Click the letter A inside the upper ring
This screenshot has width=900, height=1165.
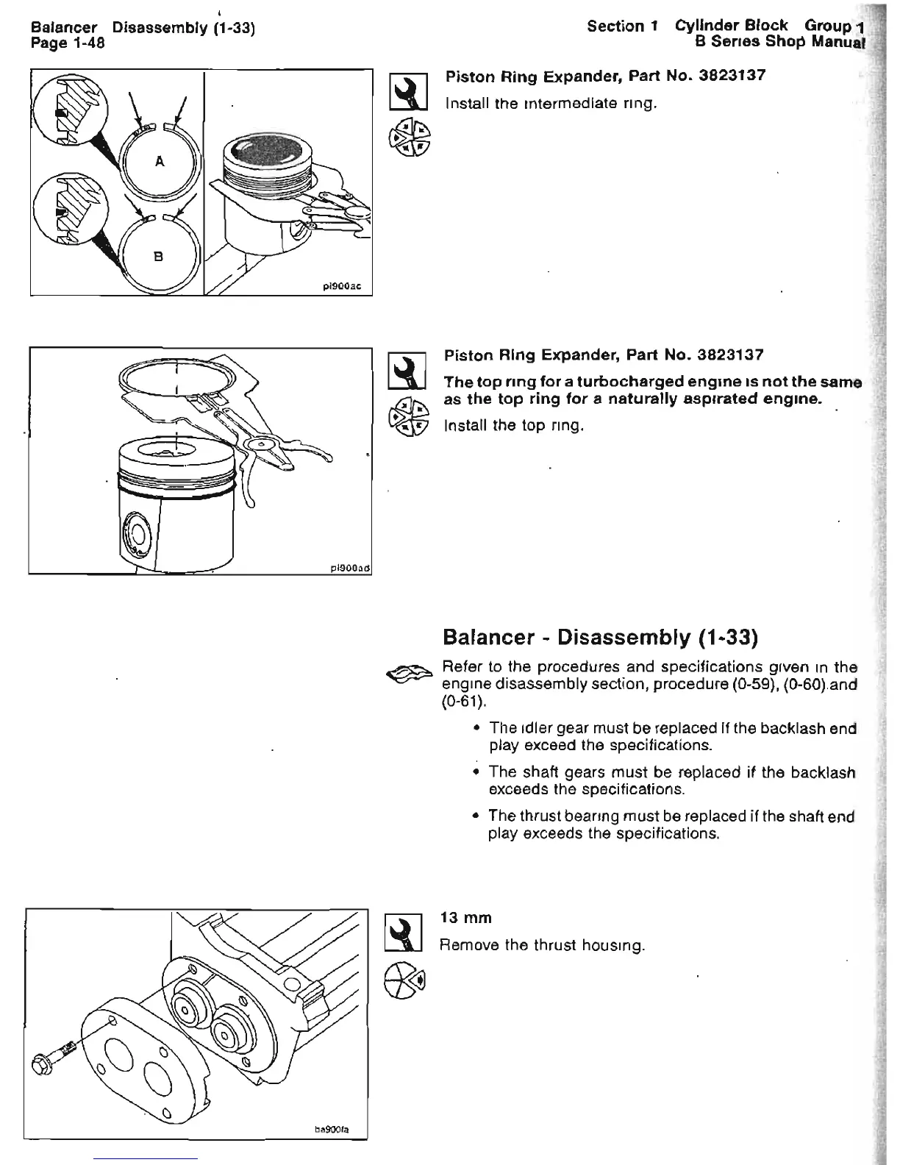[x=159, y=163]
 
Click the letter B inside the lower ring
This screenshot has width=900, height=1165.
[x=157, y=257]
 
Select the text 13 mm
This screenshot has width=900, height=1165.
[x=465, y=918]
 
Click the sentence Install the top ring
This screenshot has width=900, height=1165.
[x=514, y=425]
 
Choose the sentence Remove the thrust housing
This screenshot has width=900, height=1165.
[x=542, y=944]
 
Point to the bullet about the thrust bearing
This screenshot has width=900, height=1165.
[x=671, y=824]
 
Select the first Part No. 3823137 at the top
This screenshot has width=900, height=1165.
[x=604, y=76]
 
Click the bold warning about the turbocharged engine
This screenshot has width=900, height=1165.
[x=651, y=391]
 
